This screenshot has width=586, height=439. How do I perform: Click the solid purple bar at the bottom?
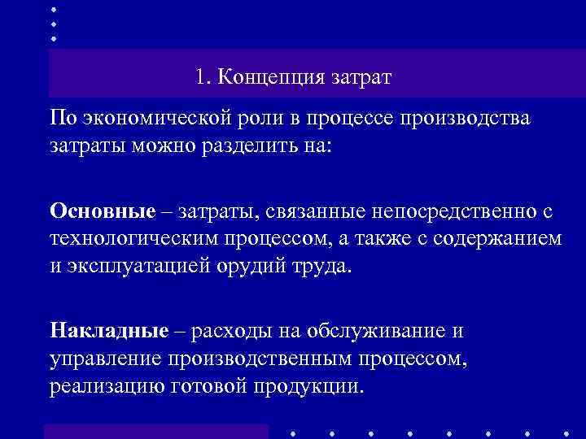click(x=155, y=431)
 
